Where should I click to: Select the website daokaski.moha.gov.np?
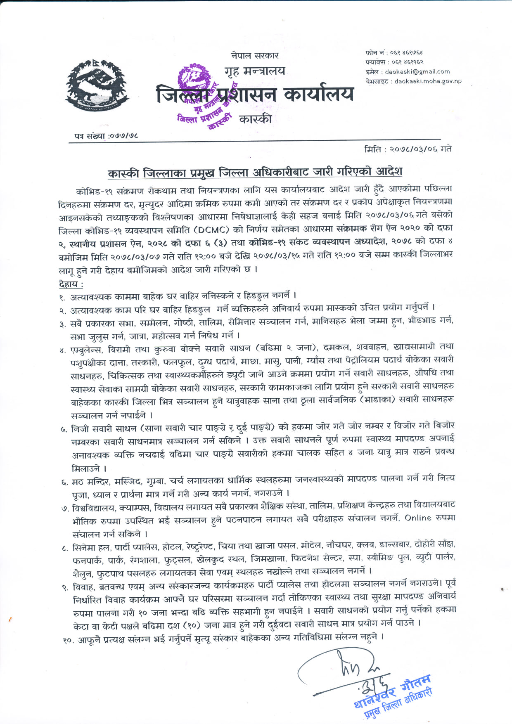[428, 81]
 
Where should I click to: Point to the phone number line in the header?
[394, 52]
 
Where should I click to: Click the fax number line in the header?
[394, 62]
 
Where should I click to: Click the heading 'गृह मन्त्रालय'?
[255, 71]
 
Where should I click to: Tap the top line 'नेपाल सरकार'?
[255, 55]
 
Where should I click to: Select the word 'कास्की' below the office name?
[255, 119]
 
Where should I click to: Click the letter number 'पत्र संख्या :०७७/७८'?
[106, 135]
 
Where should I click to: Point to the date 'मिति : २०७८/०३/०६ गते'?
[408, 149]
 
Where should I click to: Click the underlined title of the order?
[255, 172]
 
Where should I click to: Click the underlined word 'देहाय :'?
[71, 284]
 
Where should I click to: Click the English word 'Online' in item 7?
[417, 518]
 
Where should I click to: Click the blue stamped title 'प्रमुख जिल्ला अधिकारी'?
[398, 702]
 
